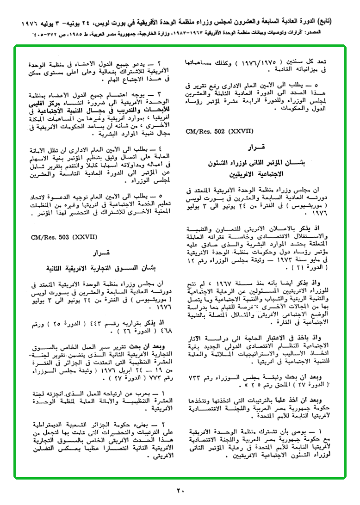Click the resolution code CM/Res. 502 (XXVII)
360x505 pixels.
pos(213,131)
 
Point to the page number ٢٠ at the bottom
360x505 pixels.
pos(180,491)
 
